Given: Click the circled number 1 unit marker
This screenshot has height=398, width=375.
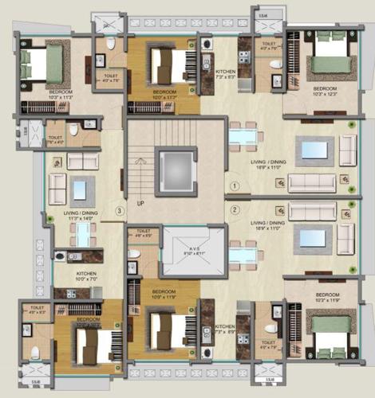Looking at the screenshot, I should coord(235,185).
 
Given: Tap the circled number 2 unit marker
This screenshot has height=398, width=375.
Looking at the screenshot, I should coord(235,210).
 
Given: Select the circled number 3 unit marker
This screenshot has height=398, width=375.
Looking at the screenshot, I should coord(119,211).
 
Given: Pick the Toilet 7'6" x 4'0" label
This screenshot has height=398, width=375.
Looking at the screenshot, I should coord(56,140).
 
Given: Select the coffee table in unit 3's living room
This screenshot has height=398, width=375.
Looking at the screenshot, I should coord(80,189).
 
